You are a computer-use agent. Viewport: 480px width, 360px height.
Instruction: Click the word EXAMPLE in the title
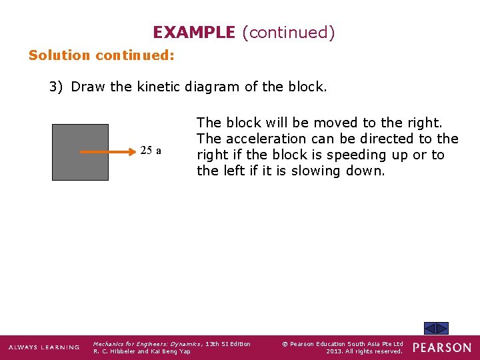pyautogui.click(x=194, y=32)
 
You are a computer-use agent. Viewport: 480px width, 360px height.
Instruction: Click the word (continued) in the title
pyautogui.click(x=288, y=32)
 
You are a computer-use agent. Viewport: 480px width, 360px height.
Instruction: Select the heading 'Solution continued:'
pyautogui.click(x=101, y=55)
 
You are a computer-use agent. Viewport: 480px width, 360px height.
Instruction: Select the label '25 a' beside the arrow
pyautogui.click(x=151, y=151)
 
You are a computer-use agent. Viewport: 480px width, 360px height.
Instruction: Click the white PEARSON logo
pyautogui.click(x=442, y=347)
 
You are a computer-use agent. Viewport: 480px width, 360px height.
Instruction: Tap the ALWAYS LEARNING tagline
pyautogui.click(x=44, y=347)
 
